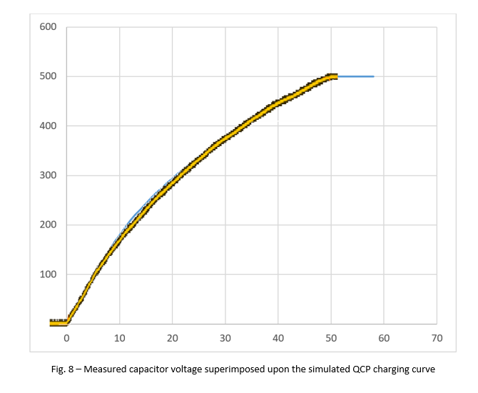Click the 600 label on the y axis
coord(48,27)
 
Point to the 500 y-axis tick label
coord(48,76)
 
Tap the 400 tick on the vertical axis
coord(48,126)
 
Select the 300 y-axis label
coord(48,175)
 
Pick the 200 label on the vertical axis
coord(48,225)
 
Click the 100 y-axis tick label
coord(48,275)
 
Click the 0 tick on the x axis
coord(66,338)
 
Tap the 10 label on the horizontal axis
coord(119,338)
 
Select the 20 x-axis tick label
coord(172,338)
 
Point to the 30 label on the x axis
coord(225,338)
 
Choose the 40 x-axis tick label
coord(278,338)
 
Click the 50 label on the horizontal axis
coord(331,338)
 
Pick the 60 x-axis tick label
coord(384,338)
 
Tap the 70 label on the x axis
coord(437,338)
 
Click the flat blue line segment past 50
coord(357,76)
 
